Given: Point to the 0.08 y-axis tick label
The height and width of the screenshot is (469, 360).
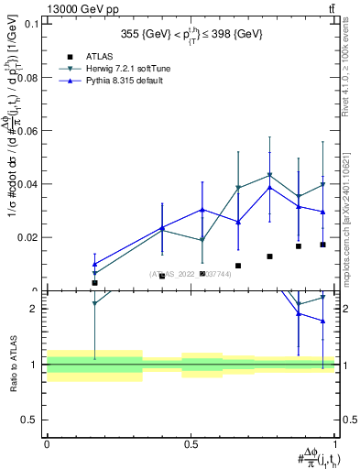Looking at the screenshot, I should [27, 78].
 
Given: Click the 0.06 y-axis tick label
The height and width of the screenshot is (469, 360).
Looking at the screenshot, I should [27, 131].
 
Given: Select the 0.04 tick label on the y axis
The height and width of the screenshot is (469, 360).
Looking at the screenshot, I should [27, 184].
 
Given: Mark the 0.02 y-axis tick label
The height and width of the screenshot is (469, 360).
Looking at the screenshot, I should [27, 237].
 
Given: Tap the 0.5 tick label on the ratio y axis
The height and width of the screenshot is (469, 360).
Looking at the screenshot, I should [31, 420].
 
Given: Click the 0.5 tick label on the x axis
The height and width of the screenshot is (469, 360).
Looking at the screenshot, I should [191, 444].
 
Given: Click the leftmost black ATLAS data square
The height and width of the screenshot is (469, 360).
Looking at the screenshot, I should [94, 283].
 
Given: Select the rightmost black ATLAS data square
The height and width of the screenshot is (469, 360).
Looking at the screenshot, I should [322, 245].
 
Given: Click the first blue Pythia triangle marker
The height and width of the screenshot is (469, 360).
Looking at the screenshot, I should [94, 264].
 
